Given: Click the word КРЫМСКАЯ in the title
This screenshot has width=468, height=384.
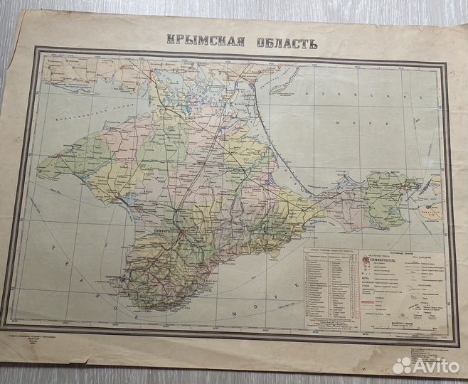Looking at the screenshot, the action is pyautogui.click(x=204, y=40).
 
